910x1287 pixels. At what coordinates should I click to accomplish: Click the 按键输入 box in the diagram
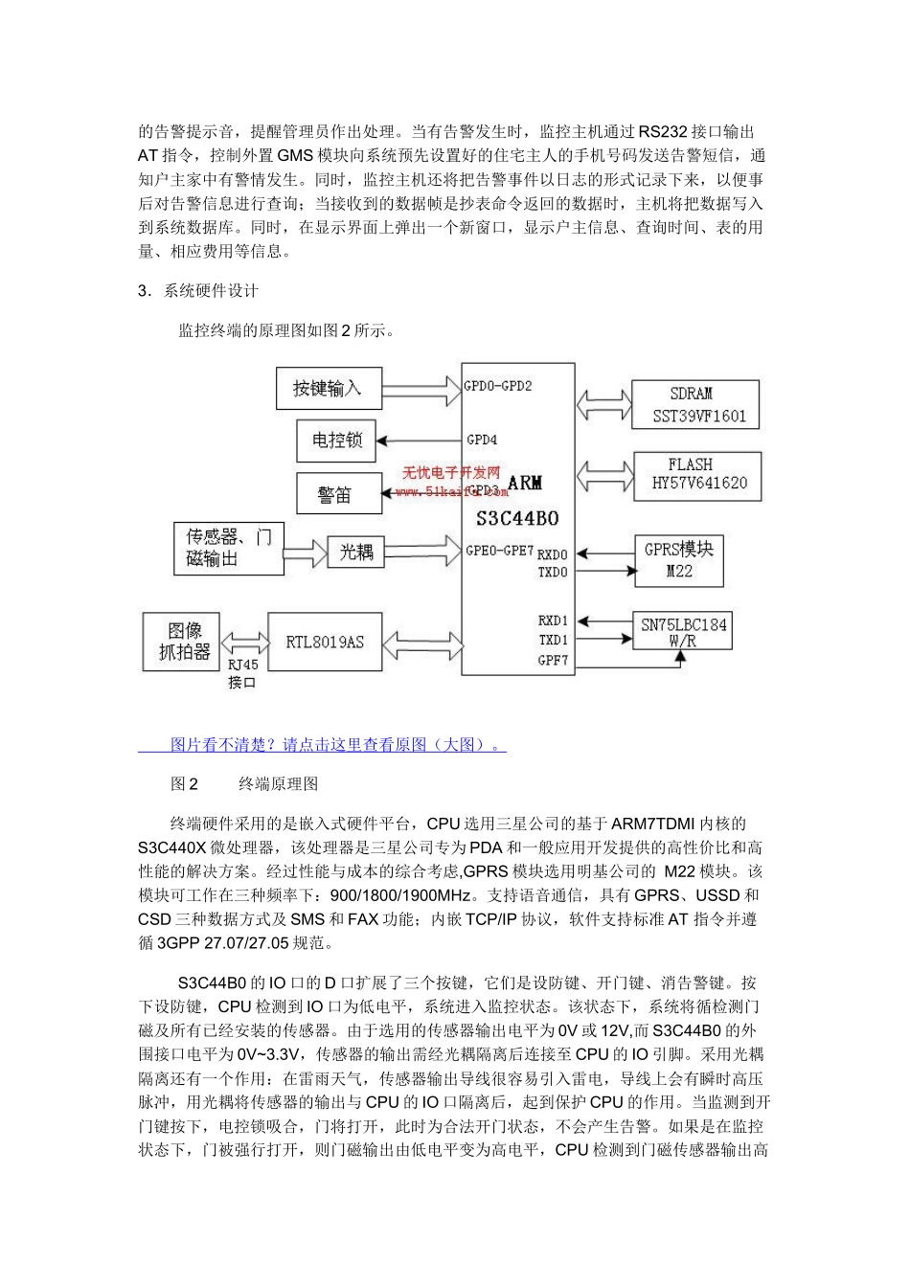[328, 389]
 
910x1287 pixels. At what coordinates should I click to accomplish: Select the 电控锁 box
[337, 440]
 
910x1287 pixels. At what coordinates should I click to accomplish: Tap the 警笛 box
[334, 493]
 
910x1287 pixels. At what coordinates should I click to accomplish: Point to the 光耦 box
[355, 551]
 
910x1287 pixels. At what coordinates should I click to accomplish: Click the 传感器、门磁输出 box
[229, 548]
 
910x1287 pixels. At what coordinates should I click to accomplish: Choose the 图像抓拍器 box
[184, 642]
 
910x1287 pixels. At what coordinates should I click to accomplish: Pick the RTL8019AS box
[325, 642]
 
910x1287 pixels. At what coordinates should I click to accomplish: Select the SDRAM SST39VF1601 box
[696, 404]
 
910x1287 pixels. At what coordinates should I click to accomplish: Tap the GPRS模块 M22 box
[678, 560]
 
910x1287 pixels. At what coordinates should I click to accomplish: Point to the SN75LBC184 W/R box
[683, 632]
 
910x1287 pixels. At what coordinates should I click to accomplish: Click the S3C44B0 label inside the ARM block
[517, 518]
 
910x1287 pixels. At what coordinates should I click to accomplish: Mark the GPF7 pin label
[552, 660]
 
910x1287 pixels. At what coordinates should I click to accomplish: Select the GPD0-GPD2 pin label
[497, 387]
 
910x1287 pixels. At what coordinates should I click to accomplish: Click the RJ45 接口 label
[242, 673]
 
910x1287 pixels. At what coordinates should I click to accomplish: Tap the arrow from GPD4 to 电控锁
[420, 440]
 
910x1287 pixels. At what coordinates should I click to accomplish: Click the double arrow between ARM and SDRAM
[603, 402]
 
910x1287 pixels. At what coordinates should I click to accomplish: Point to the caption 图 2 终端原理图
[244, 784]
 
